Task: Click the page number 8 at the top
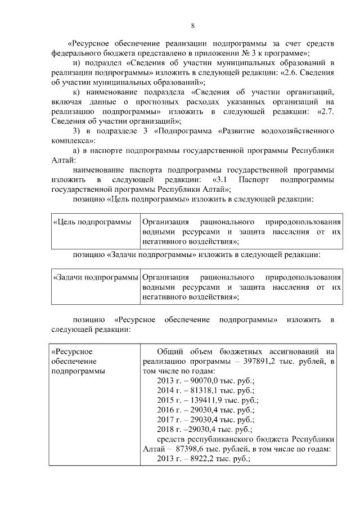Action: click(193, 26)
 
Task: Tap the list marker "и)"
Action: click(78, 63)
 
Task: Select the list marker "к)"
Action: click(78, 92)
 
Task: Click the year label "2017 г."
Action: click(168, 419)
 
